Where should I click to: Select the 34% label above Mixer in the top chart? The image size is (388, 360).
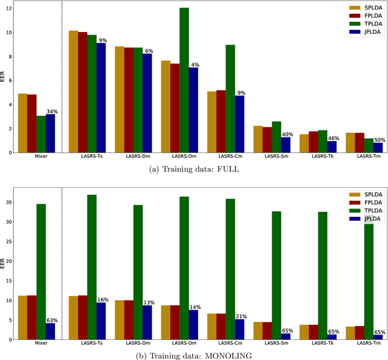pos(52,112)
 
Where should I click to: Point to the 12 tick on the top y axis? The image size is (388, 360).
pos(10,8)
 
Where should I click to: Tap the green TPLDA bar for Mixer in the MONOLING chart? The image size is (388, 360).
pos(41,272)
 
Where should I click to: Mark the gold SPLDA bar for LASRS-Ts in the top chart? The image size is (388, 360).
pos(73,92)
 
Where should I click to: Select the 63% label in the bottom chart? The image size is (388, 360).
pos(52,320)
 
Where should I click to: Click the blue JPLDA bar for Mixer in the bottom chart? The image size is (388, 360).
pos(50,332)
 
